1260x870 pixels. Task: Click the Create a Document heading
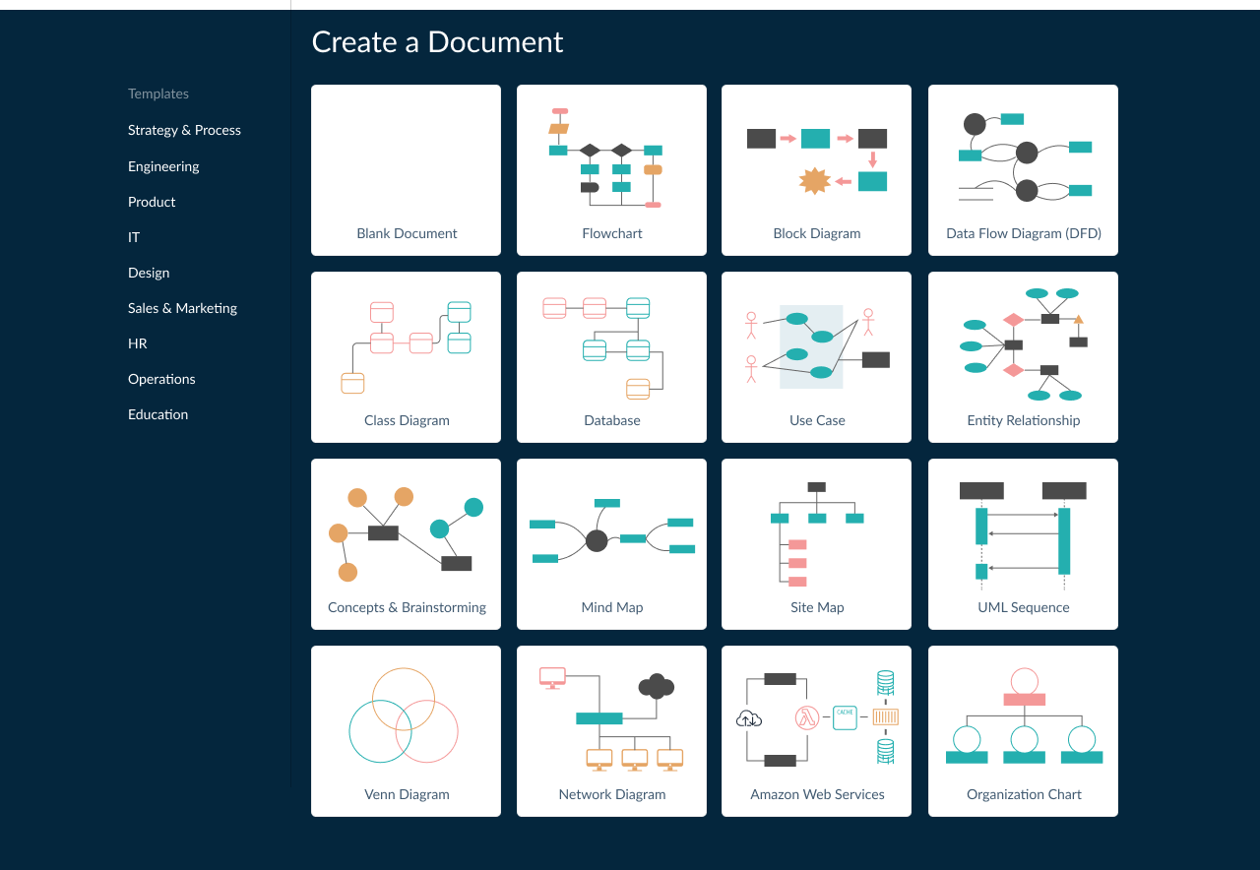point(437,42)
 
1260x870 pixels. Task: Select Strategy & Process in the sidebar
point(184,130)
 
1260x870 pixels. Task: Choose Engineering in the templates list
point(163,166)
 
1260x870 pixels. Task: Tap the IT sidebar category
point(134,237)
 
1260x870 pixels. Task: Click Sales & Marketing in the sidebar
point(182,308)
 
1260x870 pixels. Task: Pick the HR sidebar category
point(138,343)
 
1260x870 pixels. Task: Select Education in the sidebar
point(157,414)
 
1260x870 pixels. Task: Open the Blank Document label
point(407,233)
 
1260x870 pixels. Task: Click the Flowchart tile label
point(612,233)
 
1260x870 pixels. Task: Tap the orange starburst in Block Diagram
point(814,181)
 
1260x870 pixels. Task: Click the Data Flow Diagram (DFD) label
point(1024,233)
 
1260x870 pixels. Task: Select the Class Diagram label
point(407,420)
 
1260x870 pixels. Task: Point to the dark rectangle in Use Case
point(875,359)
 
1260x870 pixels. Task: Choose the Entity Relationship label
point(1024,420)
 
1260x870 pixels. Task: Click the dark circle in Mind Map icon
point(597,540)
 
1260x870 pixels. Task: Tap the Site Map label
point(817,607)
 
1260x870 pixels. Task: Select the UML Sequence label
point(1024,607)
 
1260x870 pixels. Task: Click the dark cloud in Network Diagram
point(656,686)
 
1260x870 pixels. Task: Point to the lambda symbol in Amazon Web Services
point(808,718)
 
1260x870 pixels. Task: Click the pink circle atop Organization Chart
point(1024,680)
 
